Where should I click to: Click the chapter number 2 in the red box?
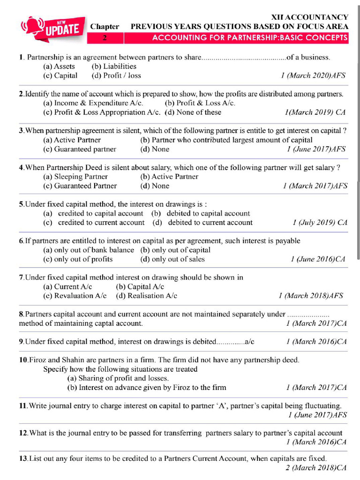[x=105, y=37]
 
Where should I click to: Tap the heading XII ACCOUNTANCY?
[x=310, y=17]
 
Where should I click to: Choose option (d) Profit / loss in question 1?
[x=116, y=75]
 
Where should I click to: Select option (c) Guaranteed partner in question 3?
[x=80, y=149]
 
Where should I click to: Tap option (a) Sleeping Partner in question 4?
[x=75, y=177]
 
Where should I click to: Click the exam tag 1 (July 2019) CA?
[x=320, y=223]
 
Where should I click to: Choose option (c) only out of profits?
[x=78, y=259]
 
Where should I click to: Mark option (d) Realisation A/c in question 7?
[x=146, y=296]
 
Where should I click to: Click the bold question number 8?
[x=21, y=314]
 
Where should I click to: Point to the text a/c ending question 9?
[x=249, y=342]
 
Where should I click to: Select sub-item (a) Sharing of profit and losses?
[x=118, y=378]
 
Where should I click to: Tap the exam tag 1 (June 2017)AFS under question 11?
[x=317, y=415]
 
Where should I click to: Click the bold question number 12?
[x=23, y=433]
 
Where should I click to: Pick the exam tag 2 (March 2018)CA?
[x=316, y=468]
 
